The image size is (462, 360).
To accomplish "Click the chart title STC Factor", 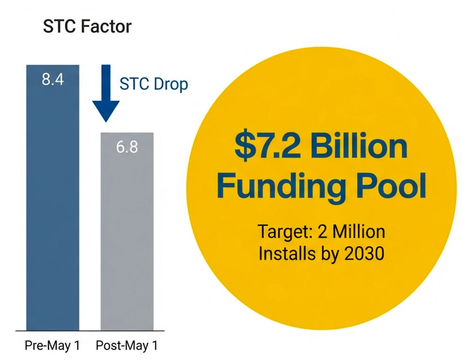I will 87,26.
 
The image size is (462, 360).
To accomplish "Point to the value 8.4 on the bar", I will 53,79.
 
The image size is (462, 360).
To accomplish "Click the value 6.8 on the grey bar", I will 127,147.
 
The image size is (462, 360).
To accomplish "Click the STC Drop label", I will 154,84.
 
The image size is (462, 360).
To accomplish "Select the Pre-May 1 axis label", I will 52,345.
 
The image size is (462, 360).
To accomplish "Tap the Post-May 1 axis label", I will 127,345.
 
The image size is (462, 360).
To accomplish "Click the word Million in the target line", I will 359,232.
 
